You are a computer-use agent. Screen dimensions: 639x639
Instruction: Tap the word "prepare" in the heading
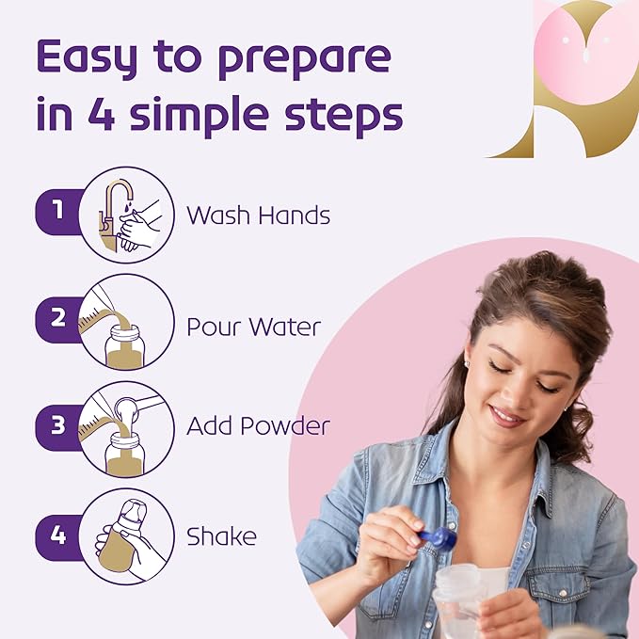(x=305, y=60)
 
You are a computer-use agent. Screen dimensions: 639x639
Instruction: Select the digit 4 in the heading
(x=102, y=112)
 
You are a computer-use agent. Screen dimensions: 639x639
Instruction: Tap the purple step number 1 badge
(x=59, y=212)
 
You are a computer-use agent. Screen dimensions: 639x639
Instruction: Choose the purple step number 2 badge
(x=59, y=320)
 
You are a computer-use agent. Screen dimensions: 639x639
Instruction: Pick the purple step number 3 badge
(x=59, y=427)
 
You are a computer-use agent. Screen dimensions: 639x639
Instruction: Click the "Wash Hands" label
(x=259, y=215)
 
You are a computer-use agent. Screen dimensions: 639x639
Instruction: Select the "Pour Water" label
(x=253, y=327)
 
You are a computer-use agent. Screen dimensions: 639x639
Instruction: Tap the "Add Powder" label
(x=259, y=426)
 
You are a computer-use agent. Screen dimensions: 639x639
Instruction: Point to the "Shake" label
(x=222, y=535)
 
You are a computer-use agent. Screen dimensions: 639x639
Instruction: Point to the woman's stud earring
(x=467, y=362)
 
